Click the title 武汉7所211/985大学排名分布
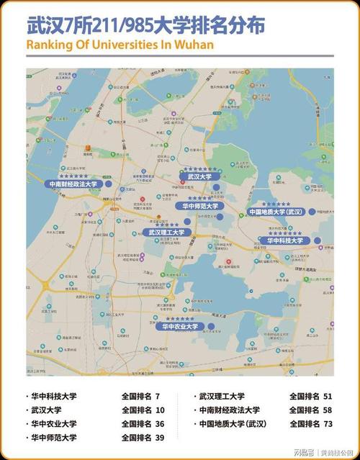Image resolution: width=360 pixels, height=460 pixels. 144,26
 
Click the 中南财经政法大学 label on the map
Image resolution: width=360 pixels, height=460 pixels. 74,184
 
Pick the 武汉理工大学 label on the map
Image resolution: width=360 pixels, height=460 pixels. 167,232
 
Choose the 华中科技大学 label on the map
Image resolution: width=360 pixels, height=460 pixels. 286,240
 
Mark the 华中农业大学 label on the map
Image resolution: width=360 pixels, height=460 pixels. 181,326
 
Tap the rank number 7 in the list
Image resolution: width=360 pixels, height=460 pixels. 157,397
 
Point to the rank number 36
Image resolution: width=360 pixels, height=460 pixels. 159,424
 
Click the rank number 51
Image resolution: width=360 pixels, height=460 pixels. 328,397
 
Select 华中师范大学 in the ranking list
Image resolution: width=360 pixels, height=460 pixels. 55,438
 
